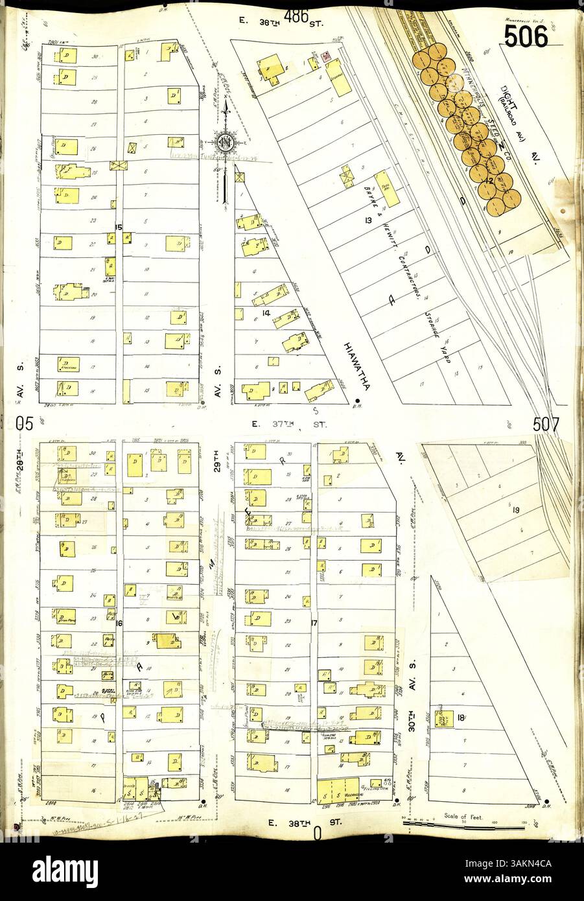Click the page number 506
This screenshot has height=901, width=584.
[526, 38]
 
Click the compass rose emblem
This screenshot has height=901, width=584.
[228, 143]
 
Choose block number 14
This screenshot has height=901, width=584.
[266, 313]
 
